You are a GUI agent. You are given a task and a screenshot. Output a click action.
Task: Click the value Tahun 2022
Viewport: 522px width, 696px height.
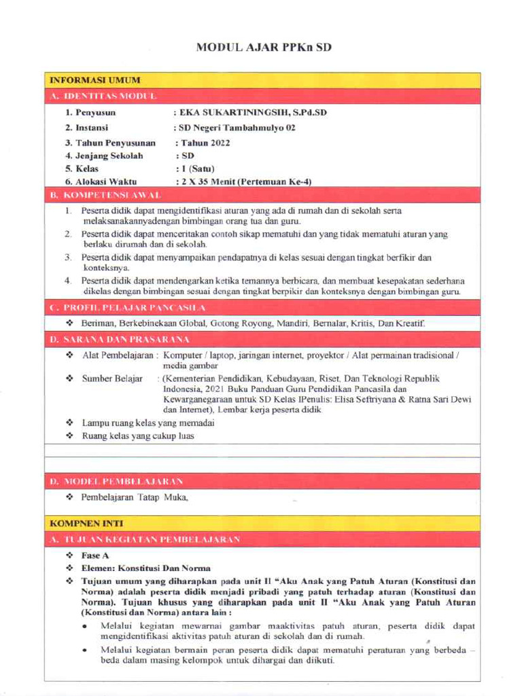click(203, 143)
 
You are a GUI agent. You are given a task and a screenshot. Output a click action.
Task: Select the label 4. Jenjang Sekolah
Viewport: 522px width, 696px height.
click(104, 156)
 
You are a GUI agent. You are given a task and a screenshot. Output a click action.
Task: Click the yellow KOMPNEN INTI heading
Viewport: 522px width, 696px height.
click(82, 524)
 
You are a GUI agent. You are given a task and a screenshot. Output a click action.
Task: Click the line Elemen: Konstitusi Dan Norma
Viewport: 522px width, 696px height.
click(145, 568)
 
